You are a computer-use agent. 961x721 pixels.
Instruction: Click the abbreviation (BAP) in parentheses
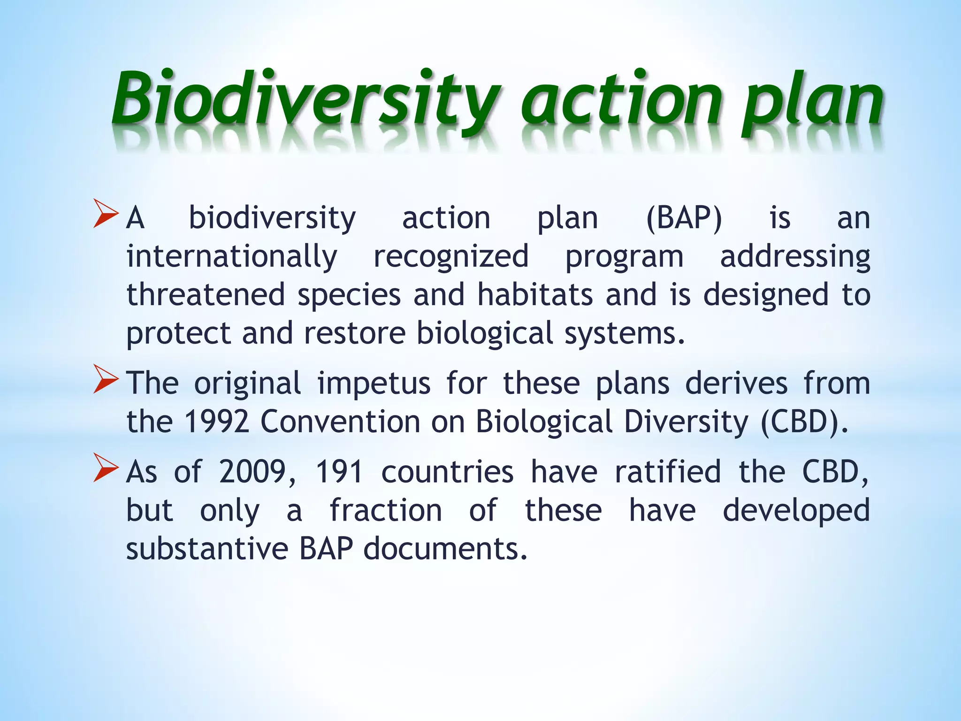684,218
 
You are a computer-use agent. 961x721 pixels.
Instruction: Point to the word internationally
232,257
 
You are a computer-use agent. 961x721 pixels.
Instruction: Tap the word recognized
451,257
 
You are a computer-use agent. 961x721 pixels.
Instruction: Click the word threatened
206,295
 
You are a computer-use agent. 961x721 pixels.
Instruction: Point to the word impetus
374,383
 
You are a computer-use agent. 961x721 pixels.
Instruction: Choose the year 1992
216,422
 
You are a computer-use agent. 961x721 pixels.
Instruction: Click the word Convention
340,422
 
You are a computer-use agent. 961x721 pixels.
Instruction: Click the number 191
339,472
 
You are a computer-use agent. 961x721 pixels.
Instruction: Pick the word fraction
386,510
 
